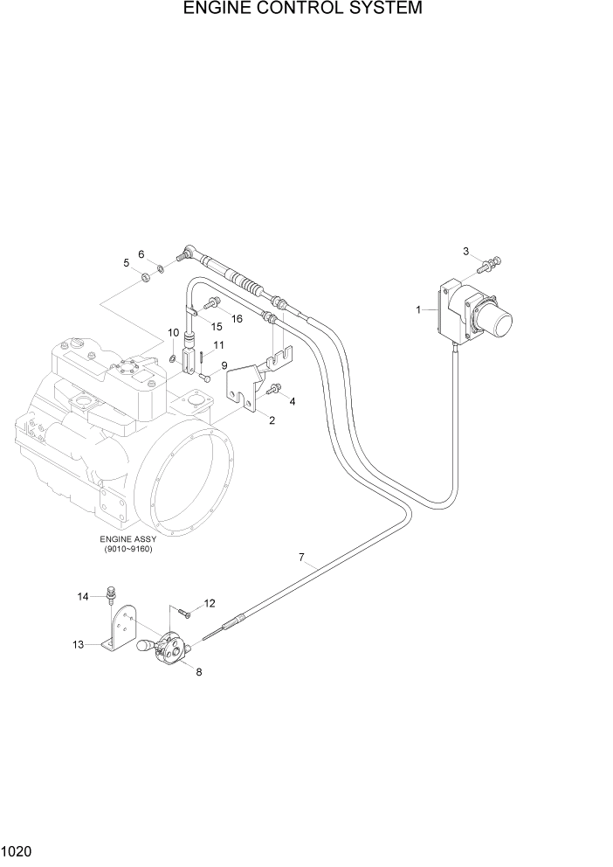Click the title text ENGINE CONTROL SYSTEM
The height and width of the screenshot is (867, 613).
pos(303,10)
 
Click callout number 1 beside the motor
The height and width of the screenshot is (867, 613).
pos(419,309)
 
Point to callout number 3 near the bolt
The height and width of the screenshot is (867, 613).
pos(466,252)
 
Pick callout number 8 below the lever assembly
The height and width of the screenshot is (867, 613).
pos(198,671)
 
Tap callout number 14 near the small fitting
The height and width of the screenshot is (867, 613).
pos(83,596)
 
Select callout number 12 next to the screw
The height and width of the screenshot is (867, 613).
pos(210,603)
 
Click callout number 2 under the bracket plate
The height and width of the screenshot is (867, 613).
pos(272,420)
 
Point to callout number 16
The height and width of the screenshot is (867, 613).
pos(236,319)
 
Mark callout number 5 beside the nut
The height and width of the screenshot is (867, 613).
pos(127,262)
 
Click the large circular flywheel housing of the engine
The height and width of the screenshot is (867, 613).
pos(188,472)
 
